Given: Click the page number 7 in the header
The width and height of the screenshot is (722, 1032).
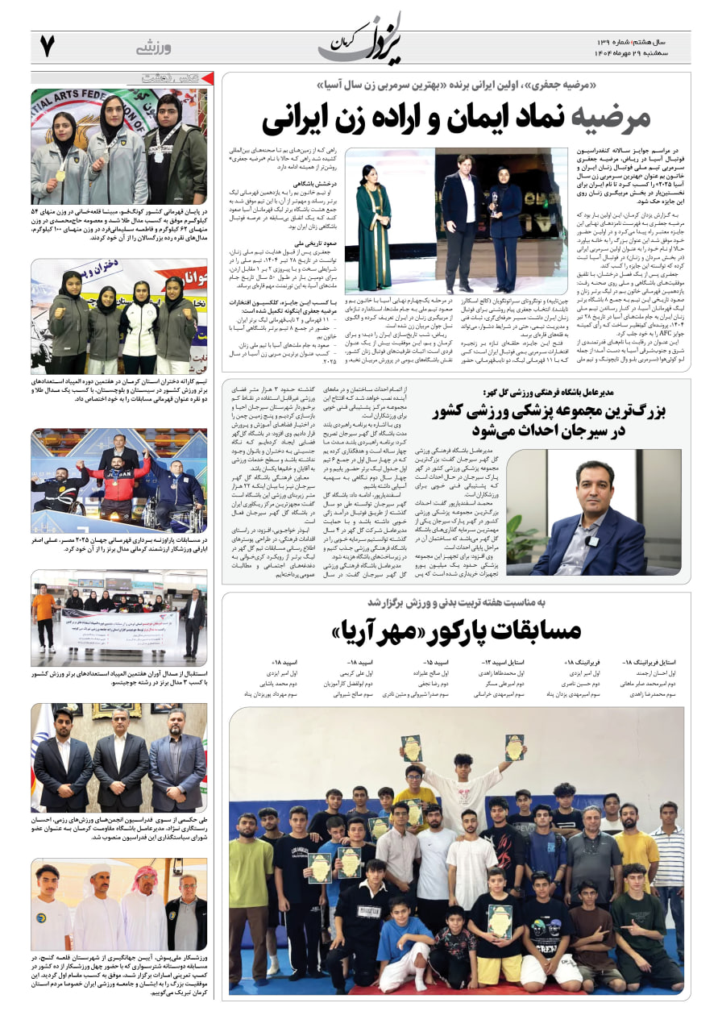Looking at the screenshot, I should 47,47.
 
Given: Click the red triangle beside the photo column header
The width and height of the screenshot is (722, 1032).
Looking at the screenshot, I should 207,79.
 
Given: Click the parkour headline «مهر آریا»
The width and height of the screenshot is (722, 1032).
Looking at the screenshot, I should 456,630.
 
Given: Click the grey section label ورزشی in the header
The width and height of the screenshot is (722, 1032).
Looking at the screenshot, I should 153,48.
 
